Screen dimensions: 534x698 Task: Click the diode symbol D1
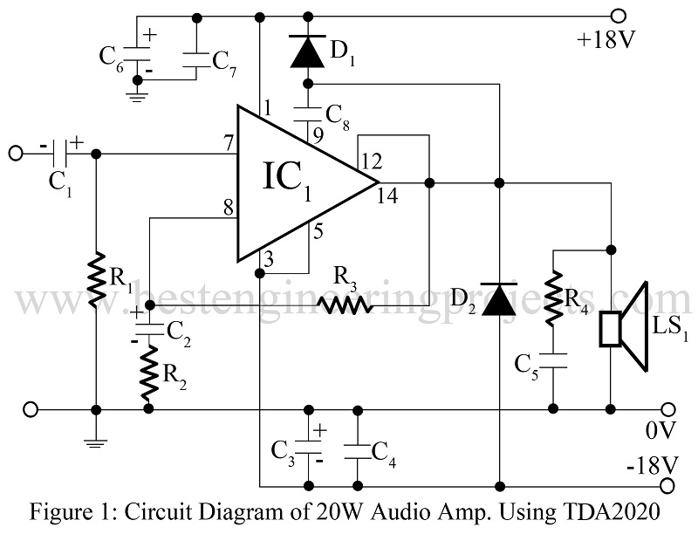(x=306, y=53)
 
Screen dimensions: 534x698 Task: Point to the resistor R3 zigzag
(x=345, y=305)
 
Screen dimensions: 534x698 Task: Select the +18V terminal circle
(x=619, y=15)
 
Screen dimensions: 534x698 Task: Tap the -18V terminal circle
(x=668, y=485)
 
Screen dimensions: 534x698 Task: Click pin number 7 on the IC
(x=228, y=142)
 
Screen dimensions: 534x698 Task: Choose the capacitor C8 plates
(x=307, y=113)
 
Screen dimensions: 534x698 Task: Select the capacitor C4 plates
(x=356, y=448)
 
